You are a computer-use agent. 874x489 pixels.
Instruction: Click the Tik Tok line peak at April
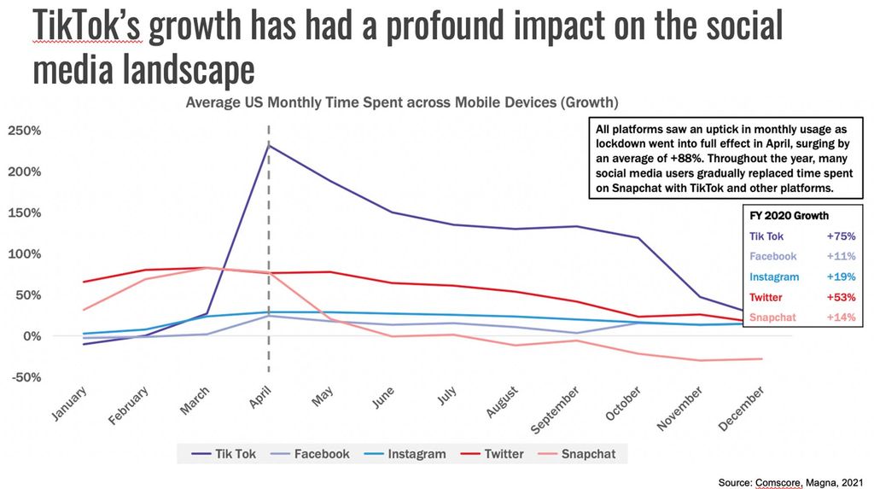pos(269,145)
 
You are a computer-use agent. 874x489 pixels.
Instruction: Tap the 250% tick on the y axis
pos(26,131)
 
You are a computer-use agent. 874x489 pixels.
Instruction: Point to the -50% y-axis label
pos(26,377)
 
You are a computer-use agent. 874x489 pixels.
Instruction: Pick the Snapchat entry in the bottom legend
pos(588,454)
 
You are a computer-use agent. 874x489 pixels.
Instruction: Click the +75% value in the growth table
pos(839,236)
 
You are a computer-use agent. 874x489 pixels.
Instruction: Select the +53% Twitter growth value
pos(839,297)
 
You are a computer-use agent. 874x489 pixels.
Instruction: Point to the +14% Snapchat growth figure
pos(839,317)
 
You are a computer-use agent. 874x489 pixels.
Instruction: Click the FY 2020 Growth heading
pos(789,216)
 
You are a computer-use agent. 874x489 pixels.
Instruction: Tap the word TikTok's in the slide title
pos(86,27)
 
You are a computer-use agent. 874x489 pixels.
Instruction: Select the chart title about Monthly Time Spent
pos(402,103)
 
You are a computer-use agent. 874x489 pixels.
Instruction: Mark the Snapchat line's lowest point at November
pos(701,360)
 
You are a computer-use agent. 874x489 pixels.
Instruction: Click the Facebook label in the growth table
pos(772,256)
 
